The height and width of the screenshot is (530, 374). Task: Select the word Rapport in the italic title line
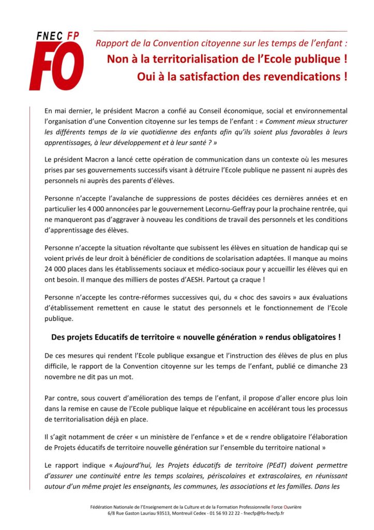coord(111,43)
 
